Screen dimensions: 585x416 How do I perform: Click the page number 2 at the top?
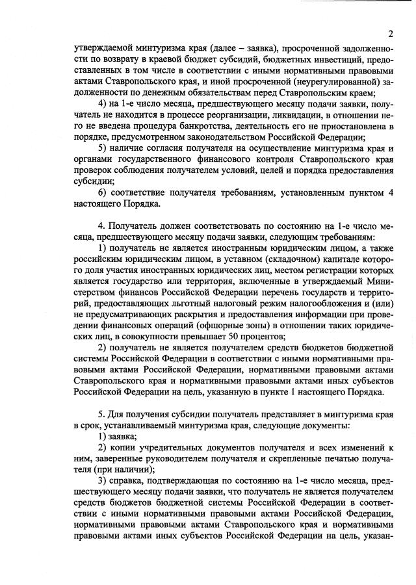click(391, 34)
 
